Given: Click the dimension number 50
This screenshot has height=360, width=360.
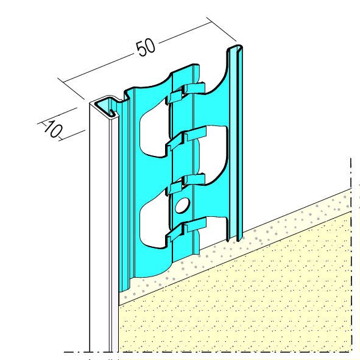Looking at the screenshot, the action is [146, 47].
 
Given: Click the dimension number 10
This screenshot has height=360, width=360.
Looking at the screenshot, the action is [52, 129].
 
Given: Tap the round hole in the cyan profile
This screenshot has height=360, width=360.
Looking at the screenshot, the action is [183, 205].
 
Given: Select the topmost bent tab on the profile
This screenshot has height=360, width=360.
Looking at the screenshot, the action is [186, 93].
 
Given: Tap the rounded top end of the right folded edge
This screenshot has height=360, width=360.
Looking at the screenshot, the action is [235, 48].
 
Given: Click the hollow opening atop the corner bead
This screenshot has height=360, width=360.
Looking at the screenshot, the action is [104, 105].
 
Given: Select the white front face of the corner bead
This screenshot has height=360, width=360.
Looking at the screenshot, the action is [99, 230].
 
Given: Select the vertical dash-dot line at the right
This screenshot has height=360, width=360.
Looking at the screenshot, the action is [351, 255].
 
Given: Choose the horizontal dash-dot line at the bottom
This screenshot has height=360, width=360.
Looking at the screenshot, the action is [208, 351].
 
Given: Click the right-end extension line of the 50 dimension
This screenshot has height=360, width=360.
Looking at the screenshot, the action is [221, 29].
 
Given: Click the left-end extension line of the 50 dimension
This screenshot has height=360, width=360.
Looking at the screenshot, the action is [71, 88].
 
